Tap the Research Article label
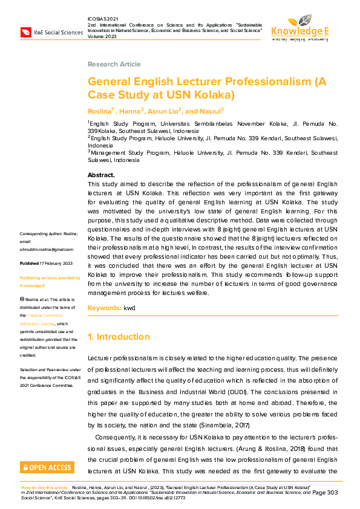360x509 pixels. [114, 64]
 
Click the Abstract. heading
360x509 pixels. [101, 175]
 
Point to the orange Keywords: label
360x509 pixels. [105, 308]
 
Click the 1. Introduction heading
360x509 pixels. [119, 337]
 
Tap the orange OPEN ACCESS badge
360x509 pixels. [47, 467]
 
